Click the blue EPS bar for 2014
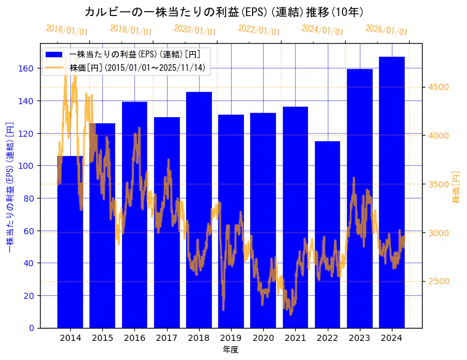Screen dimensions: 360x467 click(70, 247)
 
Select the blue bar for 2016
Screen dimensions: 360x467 click(134, 216)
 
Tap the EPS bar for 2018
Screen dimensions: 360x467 click(199, 210)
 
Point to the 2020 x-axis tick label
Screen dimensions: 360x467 click(263, 338)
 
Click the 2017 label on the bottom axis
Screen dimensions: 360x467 click(166, 338)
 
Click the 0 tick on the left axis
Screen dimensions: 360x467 click(31, 328)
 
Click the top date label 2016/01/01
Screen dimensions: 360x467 click(67, 30)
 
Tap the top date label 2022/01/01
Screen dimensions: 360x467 click(259, 30)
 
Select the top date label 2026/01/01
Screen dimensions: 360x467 click(386, 30)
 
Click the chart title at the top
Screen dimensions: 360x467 click(224, 12)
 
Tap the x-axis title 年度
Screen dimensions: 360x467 click(230, 350)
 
